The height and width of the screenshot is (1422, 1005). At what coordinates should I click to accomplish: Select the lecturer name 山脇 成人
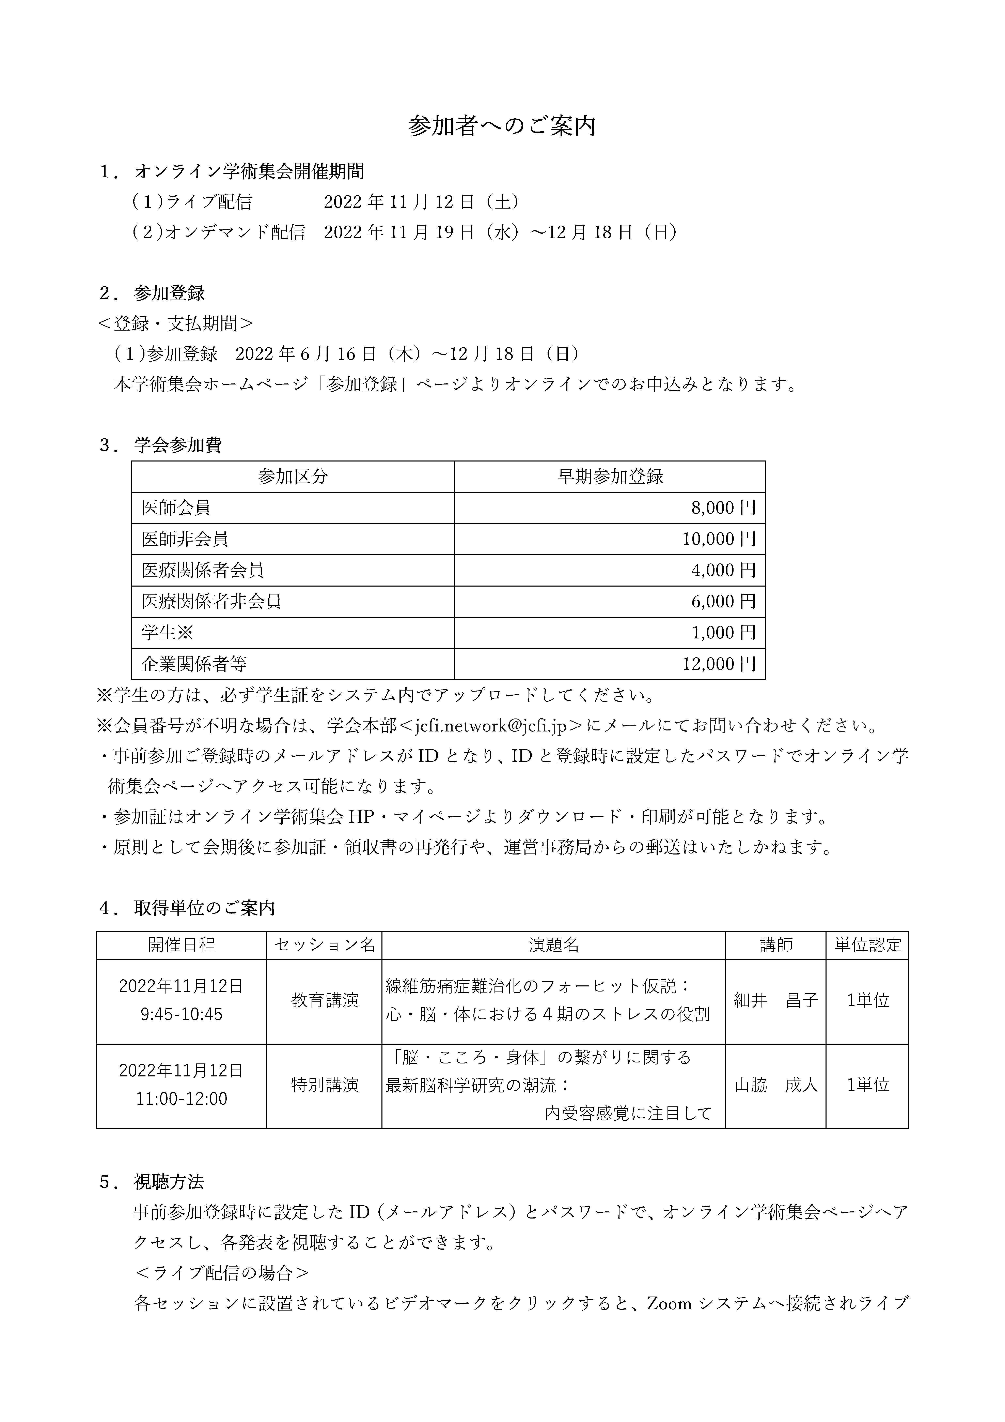pyautogui.click(x=776, y=1085)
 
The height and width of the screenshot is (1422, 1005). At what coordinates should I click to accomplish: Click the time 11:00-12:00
pyautogui.click(x=182, y=1099)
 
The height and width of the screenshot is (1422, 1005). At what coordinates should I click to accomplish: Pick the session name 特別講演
pyautogui.click(x=325, y=1085)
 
